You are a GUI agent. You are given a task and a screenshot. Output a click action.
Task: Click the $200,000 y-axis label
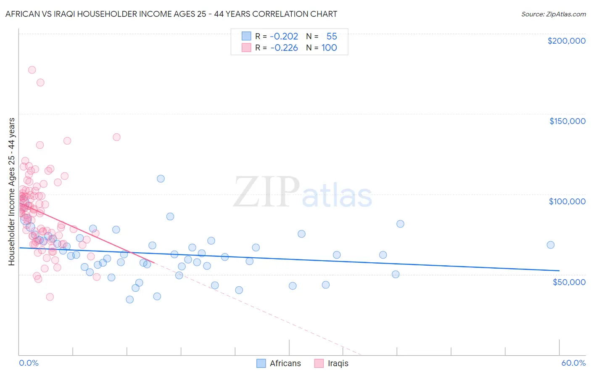click(566, 41)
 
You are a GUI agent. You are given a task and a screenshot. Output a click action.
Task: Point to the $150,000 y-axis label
click(567, 121)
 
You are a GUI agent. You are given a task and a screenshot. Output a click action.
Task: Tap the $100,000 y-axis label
click(567, 201)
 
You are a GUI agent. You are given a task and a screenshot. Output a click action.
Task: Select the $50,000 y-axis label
click(569, 282)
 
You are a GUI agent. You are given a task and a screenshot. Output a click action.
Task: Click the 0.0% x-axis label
click(29, 363)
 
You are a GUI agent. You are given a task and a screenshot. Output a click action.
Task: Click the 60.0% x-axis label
click(573, 363)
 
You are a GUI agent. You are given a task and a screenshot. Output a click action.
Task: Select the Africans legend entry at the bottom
click(279, 363)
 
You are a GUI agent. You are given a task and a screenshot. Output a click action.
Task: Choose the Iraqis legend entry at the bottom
click(331, 363)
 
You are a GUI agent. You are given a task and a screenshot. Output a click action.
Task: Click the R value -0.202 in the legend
click(284, 36)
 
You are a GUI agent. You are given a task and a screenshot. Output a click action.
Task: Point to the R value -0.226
click(284, 48)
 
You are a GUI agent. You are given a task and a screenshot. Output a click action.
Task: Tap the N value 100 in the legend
click(329, 48)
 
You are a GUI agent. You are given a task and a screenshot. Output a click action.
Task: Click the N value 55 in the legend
click(332, 36)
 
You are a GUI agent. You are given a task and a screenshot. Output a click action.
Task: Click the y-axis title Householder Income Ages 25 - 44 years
click(12, 192)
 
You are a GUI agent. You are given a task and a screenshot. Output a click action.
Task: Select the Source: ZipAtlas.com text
click(553, 14)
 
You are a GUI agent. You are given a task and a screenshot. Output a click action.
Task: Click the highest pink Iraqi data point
click(32, 70)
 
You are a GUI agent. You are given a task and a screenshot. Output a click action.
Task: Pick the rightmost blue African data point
click(550, 245)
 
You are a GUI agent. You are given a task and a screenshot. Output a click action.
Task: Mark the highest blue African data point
click(161, 179)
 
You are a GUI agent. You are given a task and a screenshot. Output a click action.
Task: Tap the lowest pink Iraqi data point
click(50, 297)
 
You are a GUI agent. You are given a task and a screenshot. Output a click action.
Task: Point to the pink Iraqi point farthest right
click(116, 137)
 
